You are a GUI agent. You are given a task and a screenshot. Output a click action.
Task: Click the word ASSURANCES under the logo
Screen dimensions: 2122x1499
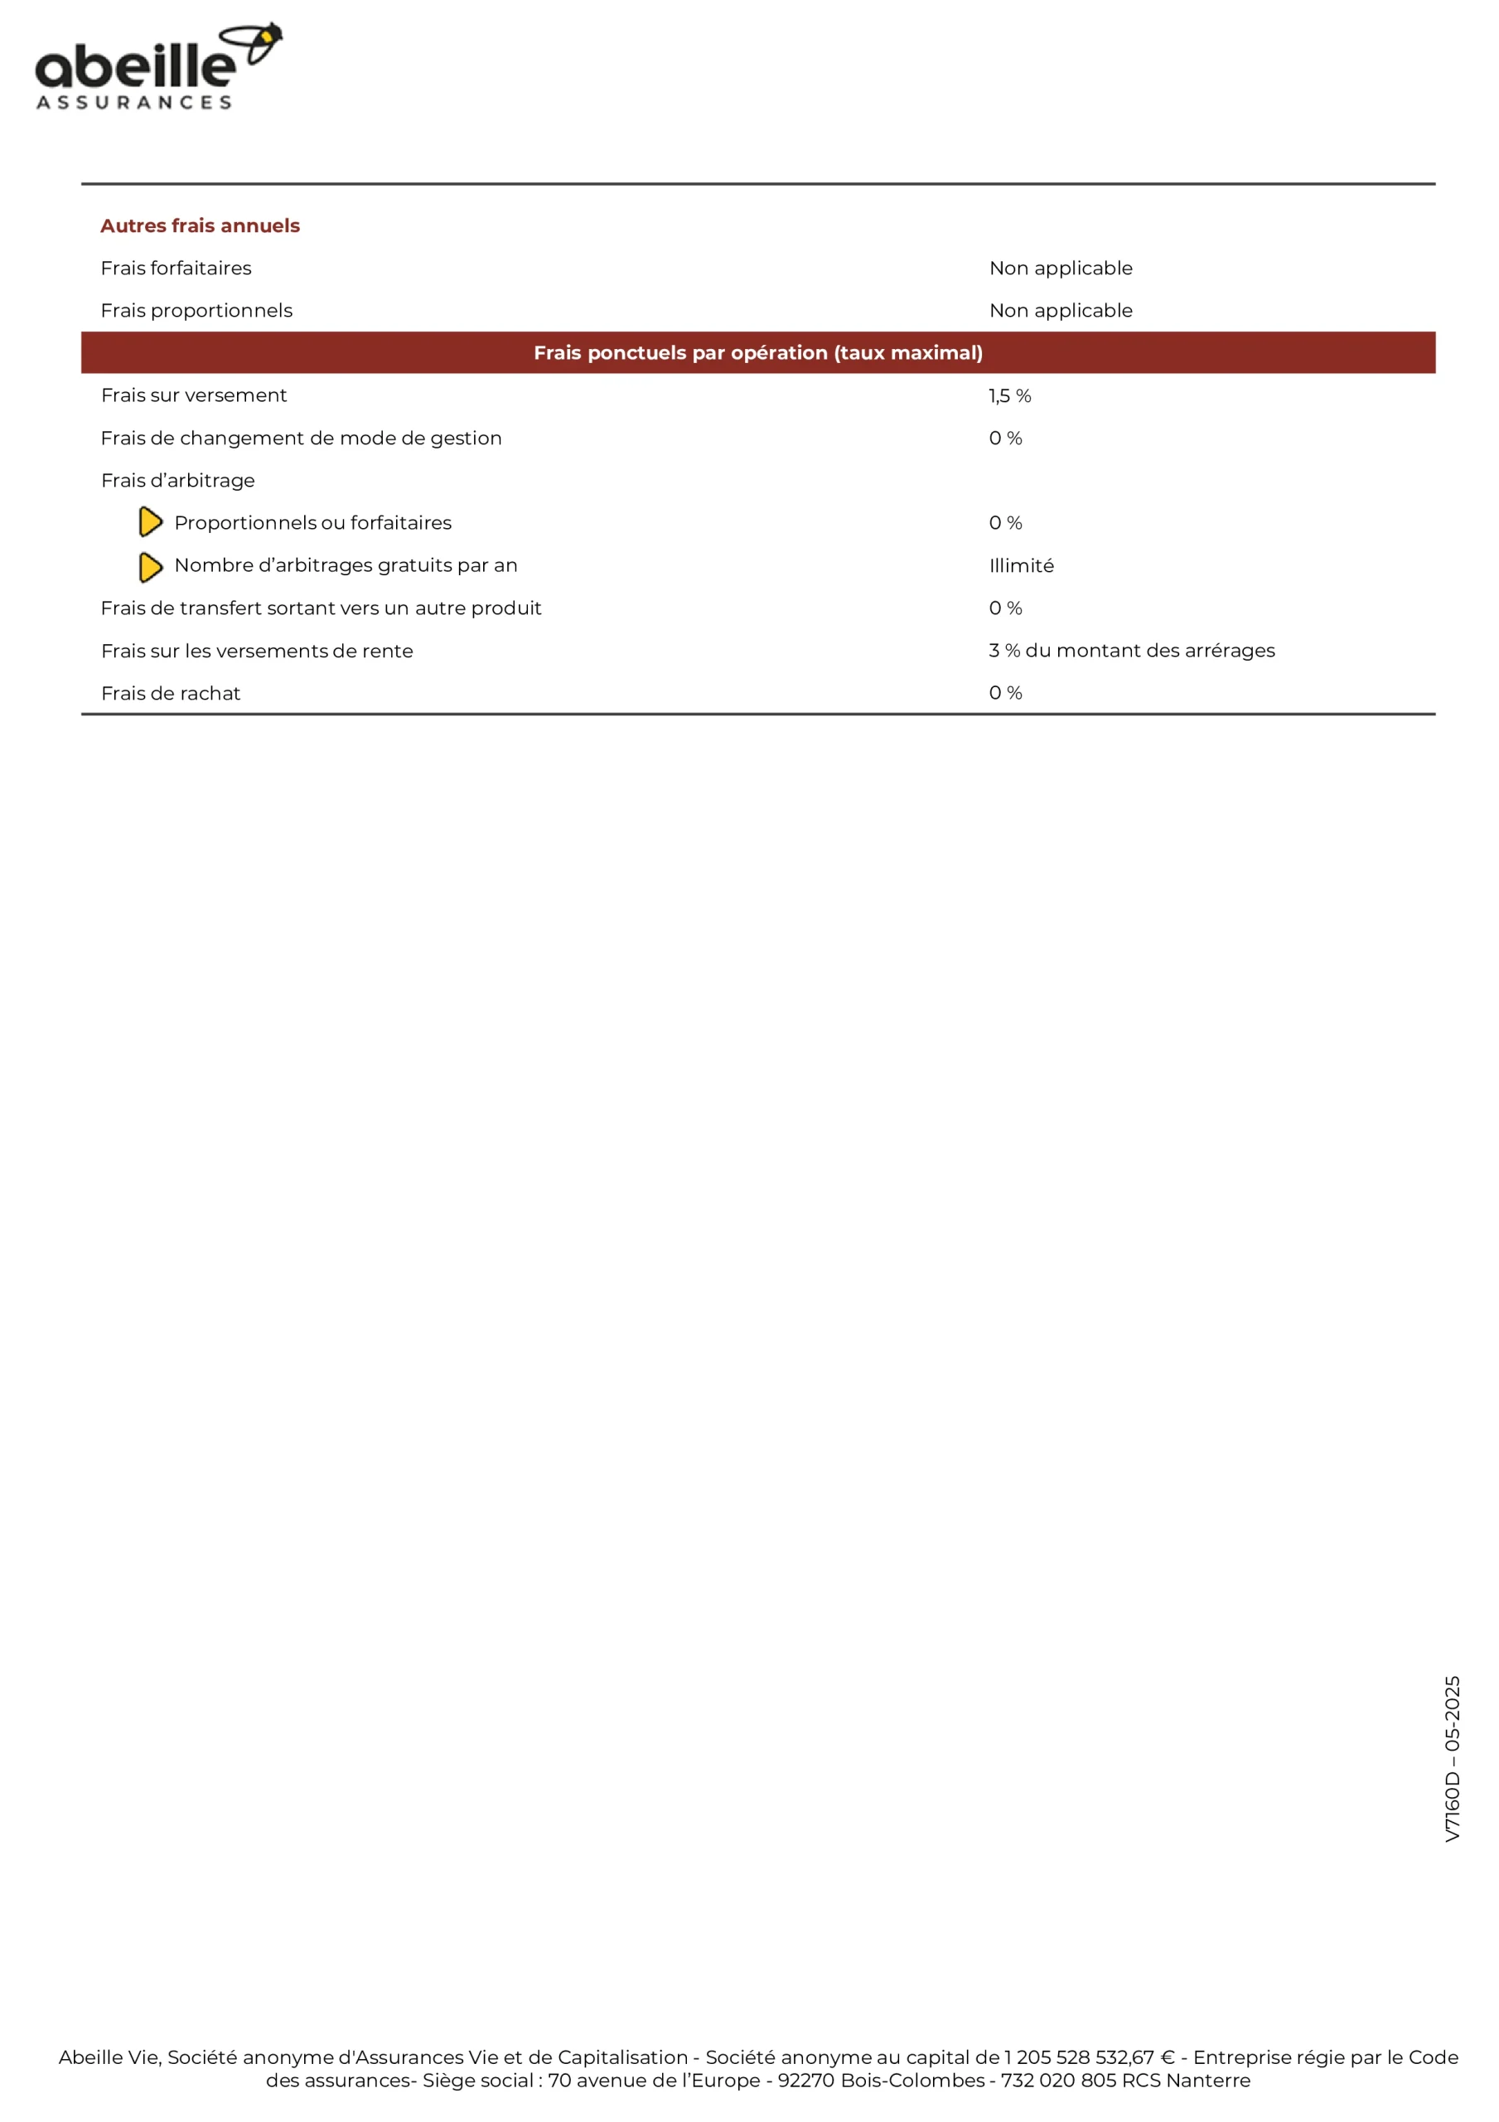pos(134,103)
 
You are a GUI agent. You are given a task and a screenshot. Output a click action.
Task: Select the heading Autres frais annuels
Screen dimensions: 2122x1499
pos(200,225)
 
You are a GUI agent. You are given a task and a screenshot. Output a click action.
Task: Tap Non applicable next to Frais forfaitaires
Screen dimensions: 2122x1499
pos(1060,268)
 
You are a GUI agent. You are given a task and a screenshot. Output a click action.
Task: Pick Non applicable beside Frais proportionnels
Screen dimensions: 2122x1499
pos(1060,311)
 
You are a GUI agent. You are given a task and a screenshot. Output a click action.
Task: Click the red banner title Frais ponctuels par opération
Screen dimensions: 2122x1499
pos(758,352)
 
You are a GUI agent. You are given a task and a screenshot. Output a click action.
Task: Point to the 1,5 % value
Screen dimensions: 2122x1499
pos(1009,395)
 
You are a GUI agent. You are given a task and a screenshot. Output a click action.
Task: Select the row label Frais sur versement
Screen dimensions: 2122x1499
pos(194,395)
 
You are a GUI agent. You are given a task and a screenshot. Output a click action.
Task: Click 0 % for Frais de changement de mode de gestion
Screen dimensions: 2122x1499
pos(1004,438)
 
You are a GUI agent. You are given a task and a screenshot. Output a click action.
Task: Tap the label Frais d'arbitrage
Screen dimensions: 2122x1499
pos(177,481)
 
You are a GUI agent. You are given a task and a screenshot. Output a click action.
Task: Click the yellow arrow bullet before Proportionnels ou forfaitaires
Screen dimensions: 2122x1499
pos(150,522)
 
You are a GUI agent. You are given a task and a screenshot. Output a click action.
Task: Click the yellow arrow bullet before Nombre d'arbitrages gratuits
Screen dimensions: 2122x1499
pos(150,566)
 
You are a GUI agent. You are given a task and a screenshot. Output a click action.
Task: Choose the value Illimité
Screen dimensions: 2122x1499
pos(1020,565)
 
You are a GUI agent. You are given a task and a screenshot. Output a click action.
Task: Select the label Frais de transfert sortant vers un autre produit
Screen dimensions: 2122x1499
pos(321,608)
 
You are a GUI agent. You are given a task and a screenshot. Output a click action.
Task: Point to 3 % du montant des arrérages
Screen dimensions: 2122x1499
pos(1131,651)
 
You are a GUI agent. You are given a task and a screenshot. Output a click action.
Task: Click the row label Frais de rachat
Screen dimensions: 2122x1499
pos(170,693)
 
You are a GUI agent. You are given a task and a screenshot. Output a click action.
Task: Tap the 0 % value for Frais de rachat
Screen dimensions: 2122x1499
pos(1004,693)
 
